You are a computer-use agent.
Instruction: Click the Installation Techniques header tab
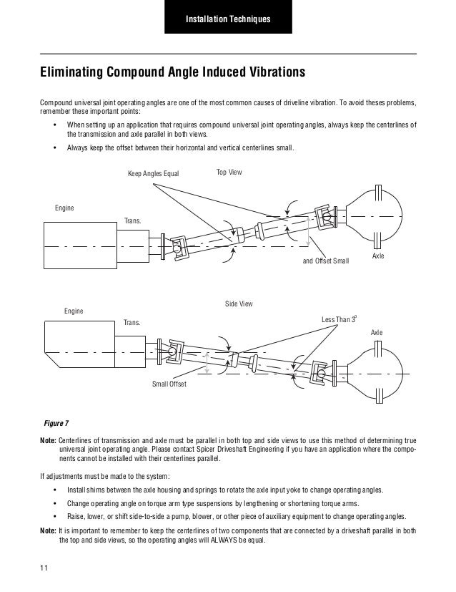pyautogui.click(x=228, y=17)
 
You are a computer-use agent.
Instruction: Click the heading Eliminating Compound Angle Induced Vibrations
pyautogui.click(x=172, y=73)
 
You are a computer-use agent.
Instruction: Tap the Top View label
pyautogui.click(x=229, y=173)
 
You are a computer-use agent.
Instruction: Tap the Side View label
pyautogui.click(x=239, y=304)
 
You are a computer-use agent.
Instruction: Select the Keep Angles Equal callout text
pyautogui.click(x=153, y=174)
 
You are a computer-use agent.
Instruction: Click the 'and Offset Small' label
pyautogui.click(x=326, y=261)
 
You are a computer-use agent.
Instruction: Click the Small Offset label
pyautogui.click(x=169, y=384)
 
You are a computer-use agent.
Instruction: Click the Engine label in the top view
pyautogui.click(x=64, y=208)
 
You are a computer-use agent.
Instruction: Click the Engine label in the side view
pyautogui.click(x=73, y=311)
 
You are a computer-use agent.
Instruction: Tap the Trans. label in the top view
pyautogui.click(x=133, y=221)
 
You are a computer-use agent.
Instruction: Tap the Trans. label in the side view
pyautogui.click(x=133, y=323)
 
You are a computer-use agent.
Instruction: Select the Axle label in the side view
pyautogui.click(x=377, y=334)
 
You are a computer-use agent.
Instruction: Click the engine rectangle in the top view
pyautogui.click(x=79, y=244)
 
